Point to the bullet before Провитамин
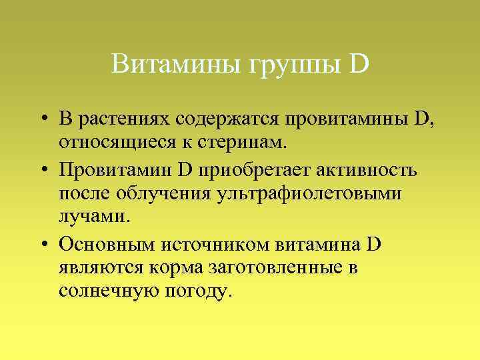tap(42, 170)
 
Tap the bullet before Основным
tap(42, 244)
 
